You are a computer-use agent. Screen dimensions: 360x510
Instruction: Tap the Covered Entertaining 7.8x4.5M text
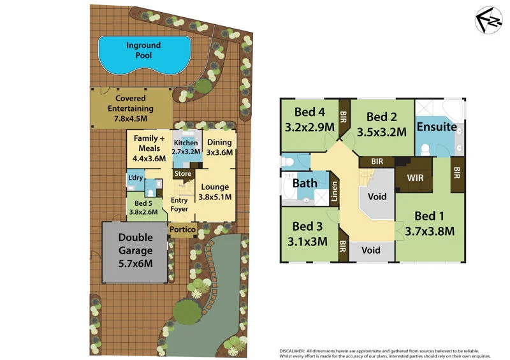coord(130,108)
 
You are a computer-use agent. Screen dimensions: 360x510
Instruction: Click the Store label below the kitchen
coord(183,173)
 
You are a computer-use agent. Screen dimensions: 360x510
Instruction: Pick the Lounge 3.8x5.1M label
coord(215,192)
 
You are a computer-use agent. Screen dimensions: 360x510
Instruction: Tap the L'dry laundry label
coord(135,177)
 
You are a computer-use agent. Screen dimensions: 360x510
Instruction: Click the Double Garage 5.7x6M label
coord(135,251)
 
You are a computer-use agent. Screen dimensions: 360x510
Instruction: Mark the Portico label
coord(182,229)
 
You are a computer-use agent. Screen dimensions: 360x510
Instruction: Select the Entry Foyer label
coord(179,205)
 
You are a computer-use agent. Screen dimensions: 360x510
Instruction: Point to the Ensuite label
coord(436,127)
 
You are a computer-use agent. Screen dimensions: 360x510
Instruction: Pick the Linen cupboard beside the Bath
coord(334,193)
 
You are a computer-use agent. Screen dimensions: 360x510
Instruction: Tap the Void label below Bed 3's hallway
coord(370,250)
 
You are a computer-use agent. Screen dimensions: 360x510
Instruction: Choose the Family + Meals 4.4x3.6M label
coord(149,148)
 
